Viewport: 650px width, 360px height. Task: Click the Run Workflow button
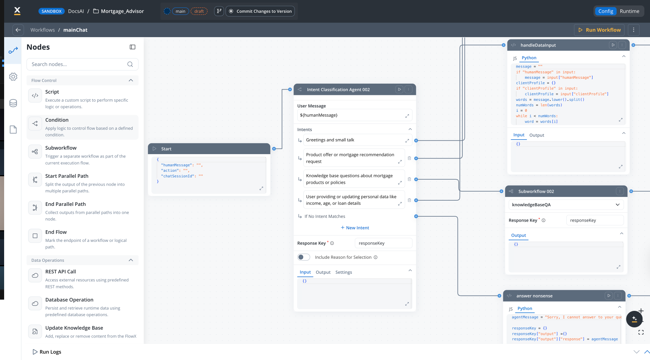599,30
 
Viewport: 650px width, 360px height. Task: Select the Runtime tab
629,11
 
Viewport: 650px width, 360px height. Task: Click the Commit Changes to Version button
260,11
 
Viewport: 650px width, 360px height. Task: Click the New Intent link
355,228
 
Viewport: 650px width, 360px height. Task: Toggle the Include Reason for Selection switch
304,257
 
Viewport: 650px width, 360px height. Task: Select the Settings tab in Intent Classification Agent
343,272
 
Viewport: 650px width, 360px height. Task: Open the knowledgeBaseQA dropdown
566,205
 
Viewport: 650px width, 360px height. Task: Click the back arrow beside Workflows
18,30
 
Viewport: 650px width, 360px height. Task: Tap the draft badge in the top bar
199,11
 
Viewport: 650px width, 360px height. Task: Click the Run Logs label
50,352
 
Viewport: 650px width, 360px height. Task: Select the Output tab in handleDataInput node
536,135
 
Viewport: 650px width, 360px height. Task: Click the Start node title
166,149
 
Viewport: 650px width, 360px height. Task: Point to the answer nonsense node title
534,296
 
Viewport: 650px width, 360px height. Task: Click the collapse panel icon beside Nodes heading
132,47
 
